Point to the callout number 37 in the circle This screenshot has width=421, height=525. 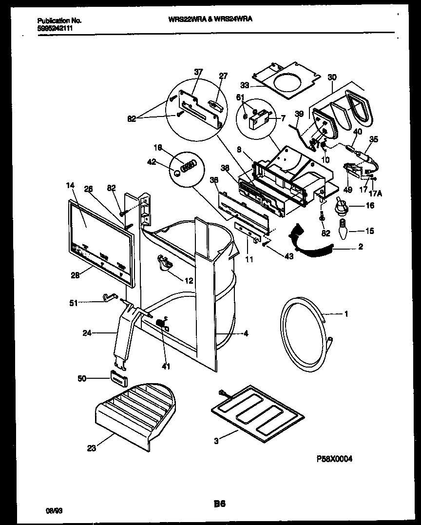[197, 72]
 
